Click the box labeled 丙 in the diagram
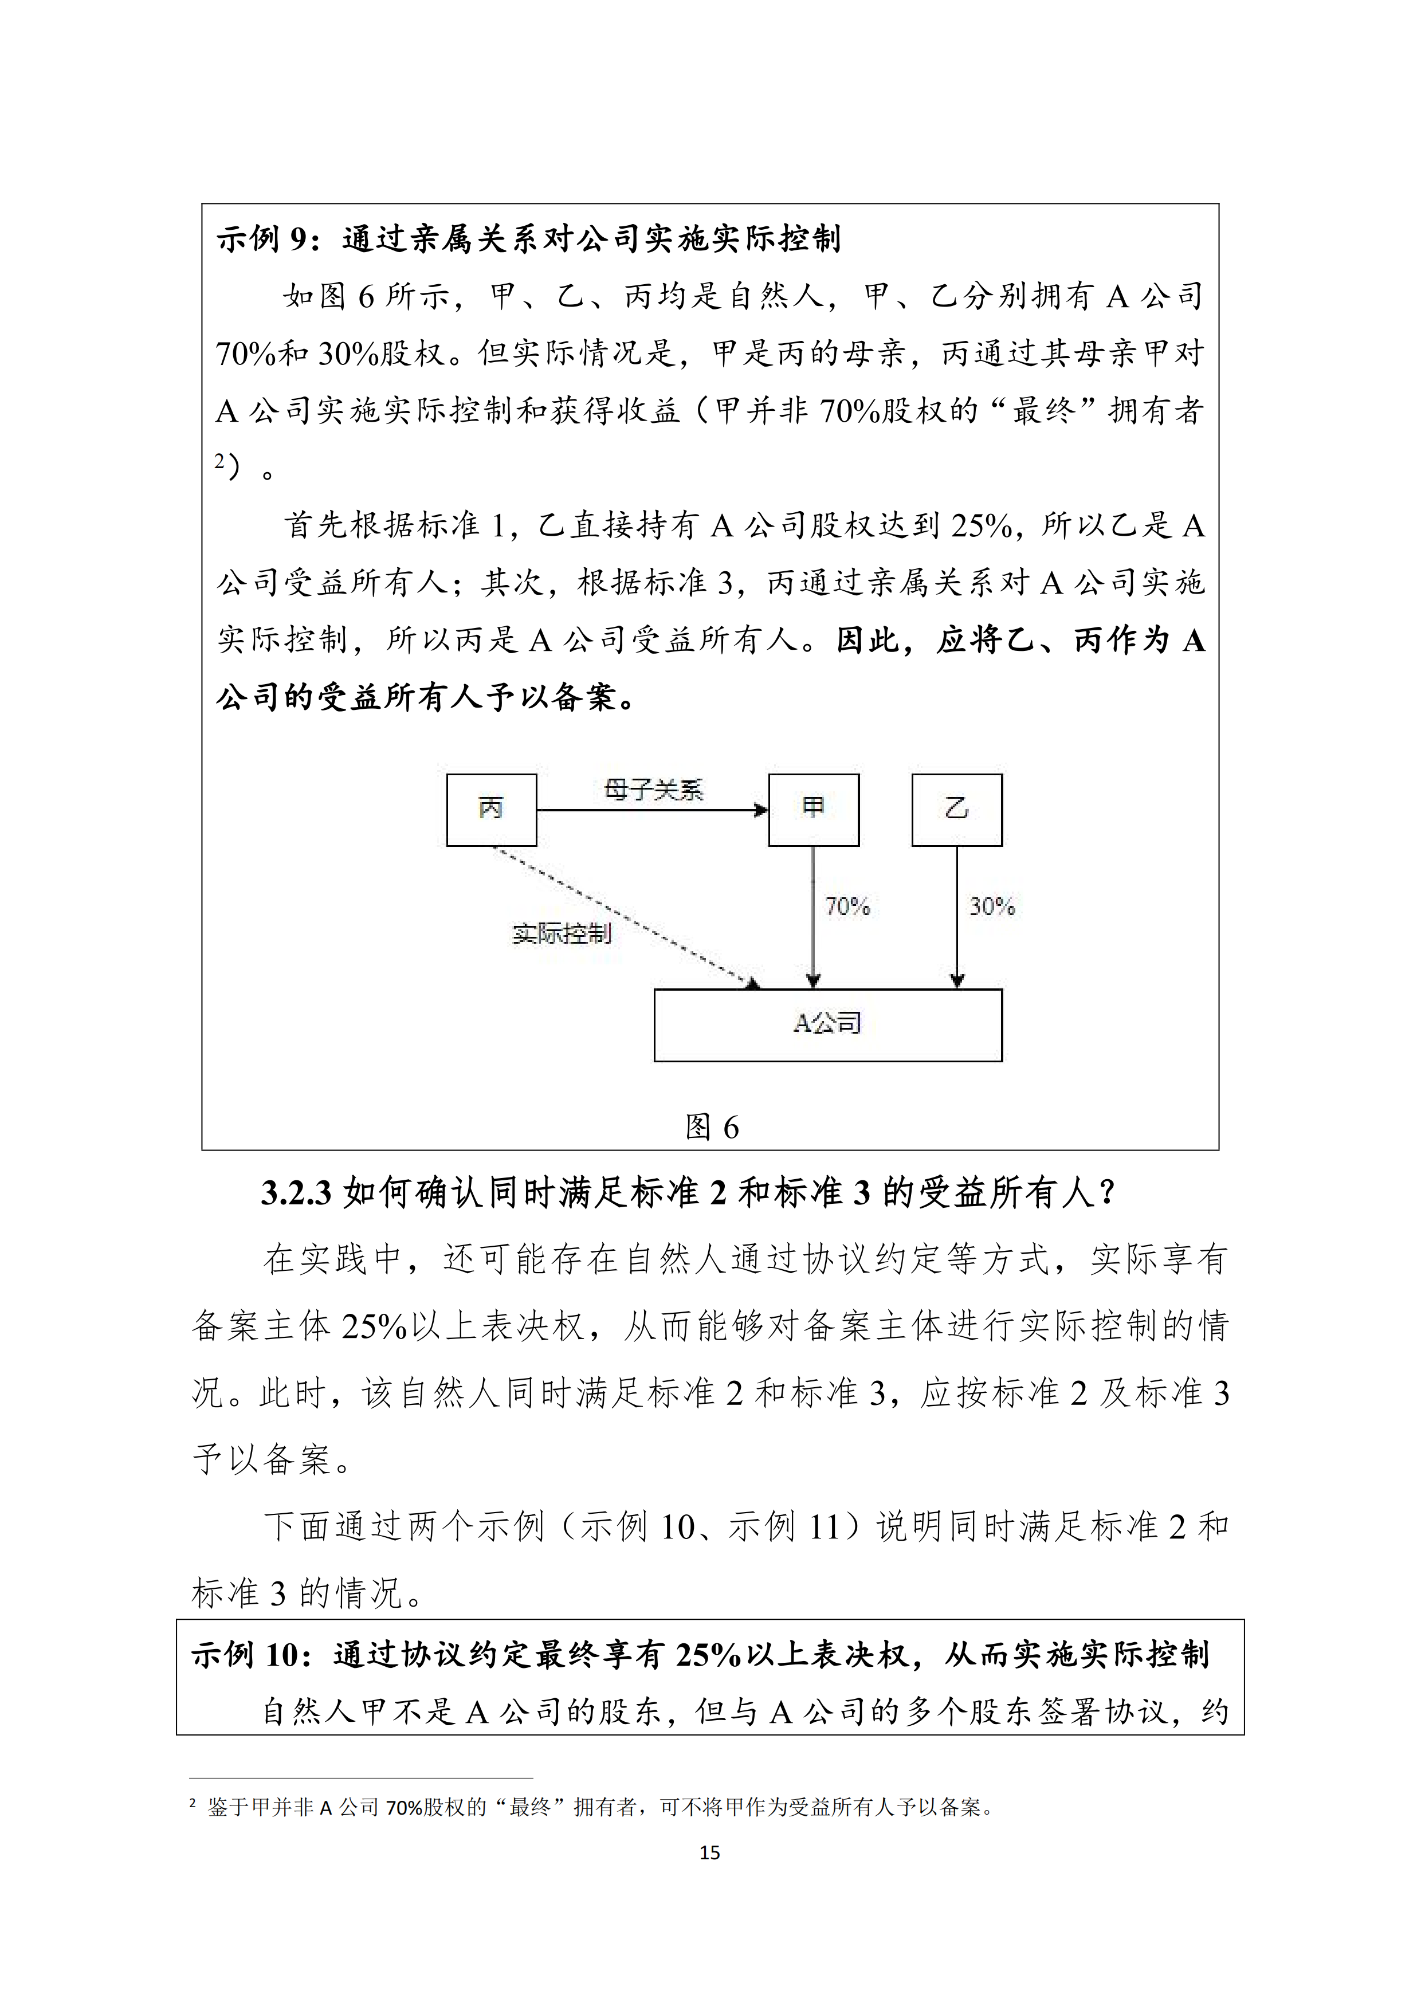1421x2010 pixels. coord(491,810)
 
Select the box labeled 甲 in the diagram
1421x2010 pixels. coord(814,810)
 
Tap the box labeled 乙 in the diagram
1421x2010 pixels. coord(956,810)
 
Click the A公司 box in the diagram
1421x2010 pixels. coord(827,1024)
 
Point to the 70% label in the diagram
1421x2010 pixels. coord(847,906)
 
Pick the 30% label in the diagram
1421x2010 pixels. coord(991,906)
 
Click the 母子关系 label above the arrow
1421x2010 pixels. coord(653,791)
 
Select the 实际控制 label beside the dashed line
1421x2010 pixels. coord(561,934)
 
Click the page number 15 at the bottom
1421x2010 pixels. coord(710,1852)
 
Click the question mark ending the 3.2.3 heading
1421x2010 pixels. coord(1106,1193)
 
